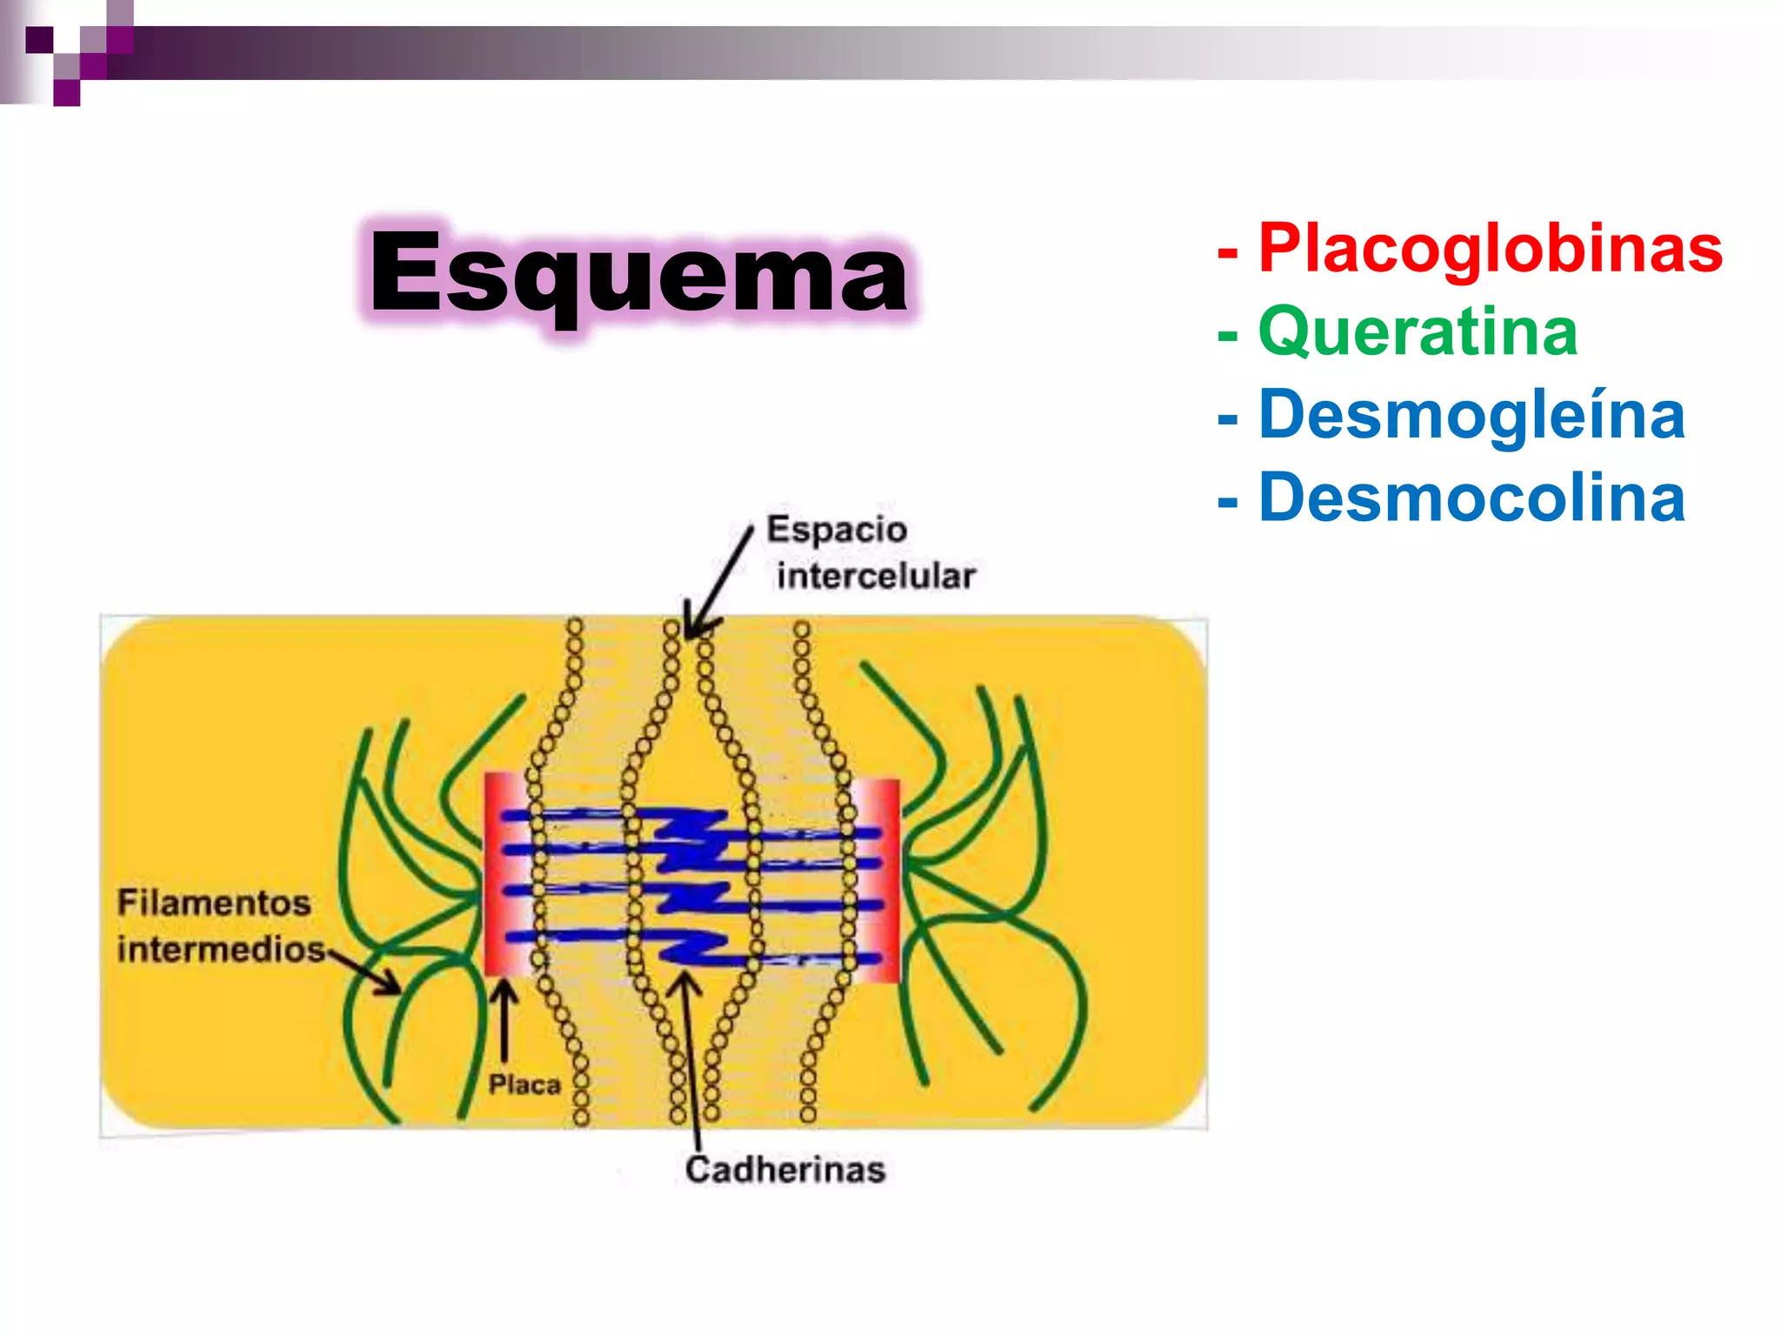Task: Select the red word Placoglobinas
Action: pyautogui.click(x=1490, y=249)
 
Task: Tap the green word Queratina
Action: pyautogui.click(x=1417, y=332)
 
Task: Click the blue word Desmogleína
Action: pyautogui.click(x=1471, y=415)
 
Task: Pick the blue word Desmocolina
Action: pyautogui.click(x=1471, y=498)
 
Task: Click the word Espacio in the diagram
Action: pyautogui.click(x=837, y=530)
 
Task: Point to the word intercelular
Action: pyautogui.click(x=876, y=576)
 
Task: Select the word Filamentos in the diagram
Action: pyautogui.click(x=214, y=903)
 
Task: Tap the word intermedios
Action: pyautogui.click(x=221, y=949)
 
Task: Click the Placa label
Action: pyautogui.click(x=524, y=1085)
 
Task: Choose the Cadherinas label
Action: pyautogui.click(x=784, y=1170)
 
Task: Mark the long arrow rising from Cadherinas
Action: pyautogui.click(x=691, y=1061)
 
